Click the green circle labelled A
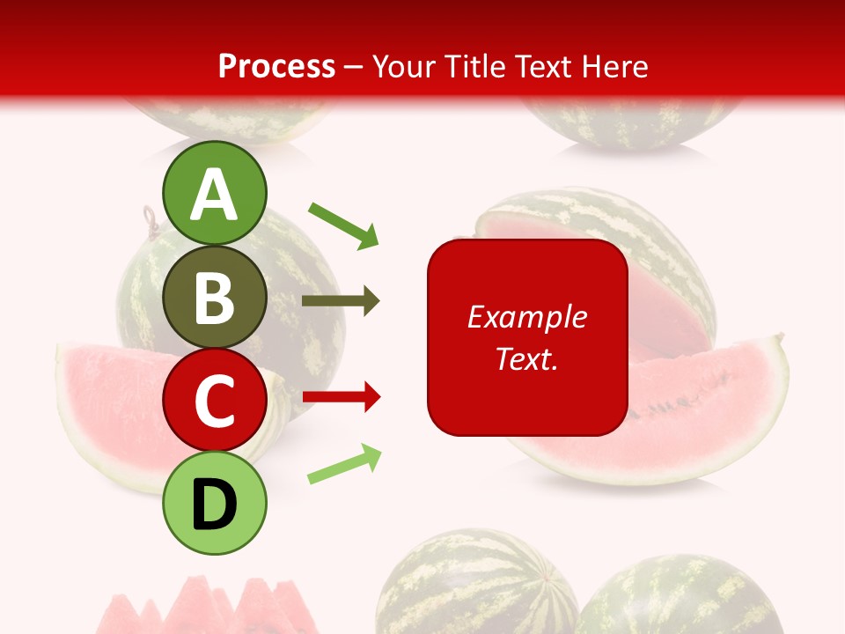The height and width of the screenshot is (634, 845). tap(215, 194)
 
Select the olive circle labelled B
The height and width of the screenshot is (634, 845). tap(215, 298)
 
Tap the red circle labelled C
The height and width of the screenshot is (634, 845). tap(215, 400)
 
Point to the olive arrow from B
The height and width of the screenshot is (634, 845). tap(341, 301)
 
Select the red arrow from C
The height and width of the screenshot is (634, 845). tap(342, 398)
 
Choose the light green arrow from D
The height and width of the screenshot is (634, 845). tap(344, 465)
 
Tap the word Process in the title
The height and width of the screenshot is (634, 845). tap(276, 66)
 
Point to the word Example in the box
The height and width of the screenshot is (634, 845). tap(527, 317)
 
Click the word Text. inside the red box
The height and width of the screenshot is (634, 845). tap(527, 358)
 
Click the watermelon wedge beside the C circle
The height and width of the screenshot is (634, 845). tap(106, 405)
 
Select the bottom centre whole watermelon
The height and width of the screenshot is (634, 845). tap(475, 586)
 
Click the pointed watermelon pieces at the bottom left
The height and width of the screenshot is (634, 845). tap(202, 608)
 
